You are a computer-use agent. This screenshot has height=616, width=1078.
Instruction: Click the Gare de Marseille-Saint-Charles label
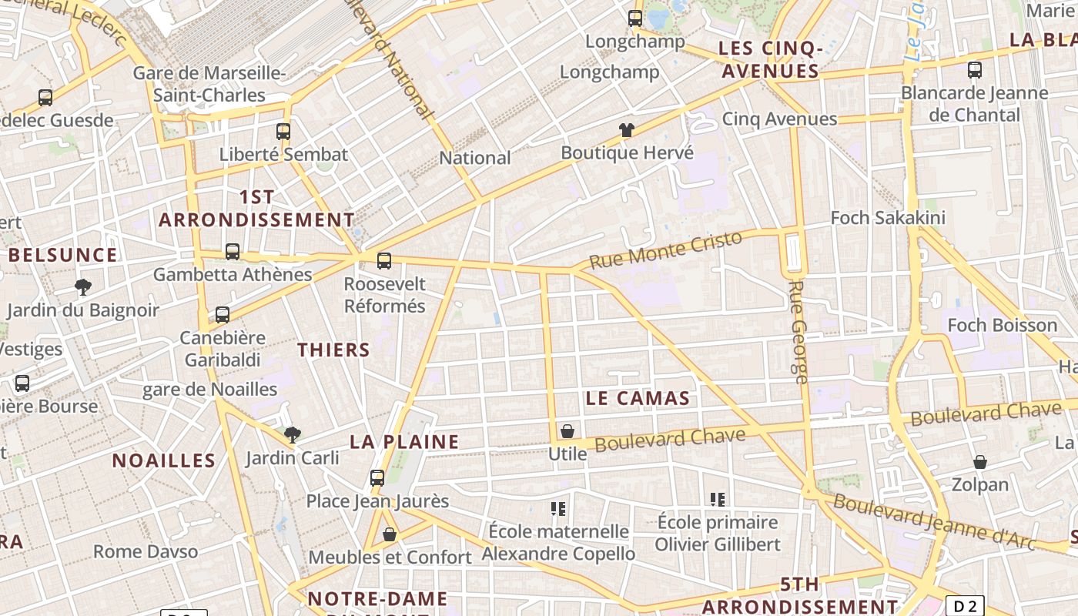pos(209,84)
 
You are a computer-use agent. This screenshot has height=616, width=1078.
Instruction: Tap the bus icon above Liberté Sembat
pos(283,131)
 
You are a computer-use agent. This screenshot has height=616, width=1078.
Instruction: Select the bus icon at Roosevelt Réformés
pos(384,260)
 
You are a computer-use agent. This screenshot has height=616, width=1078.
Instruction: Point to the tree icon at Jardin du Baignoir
pos(83,288)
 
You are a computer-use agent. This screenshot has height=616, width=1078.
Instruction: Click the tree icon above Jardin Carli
pos(293,435)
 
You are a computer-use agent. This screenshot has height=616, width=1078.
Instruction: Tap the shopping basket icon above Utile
pos(567,431)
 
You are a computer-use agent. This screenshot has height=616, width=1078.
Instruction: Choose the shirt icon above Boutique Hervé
pos(627,130)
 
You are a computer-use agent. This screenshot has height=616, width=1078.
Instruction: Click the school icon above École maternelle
pos(558,508)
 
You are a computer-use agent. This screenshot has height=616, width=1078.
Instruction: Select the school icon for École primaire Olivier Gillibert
pos(718,499)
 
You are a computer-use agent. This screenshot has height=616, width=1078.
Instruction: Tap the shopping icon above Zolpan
pos(979,462)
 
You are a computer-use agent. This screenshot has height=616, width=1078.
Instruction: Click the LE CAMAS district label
pos(638,398)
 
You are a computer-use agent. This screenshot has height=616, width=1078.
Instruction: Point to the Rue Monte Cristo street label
pos(665,249)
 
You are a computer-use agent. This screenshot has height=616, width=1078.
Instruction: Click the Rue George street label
pos(798,331)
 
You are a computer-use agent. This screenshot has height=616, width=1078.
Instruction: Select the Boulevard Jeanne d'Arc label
pos(935,522)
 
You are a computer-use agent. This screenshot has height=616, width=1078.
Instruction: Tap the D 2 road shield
pos(965,606)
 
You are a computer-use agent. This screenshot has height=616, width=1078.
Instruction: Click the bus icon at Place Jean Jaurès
pos(377,477)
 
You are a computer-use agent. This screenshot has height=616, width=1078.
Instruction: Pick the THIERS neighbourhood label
pos(333,350)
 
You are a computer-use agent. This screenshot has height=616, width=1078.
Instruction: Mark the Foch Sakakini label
pos(887,218)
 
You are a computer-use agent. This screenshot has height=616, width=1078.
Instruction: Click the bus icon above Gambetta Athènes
pos(232,251)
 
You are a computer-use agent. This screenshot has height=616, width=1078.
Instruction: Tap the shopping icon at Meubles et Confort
pos(390,534)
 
